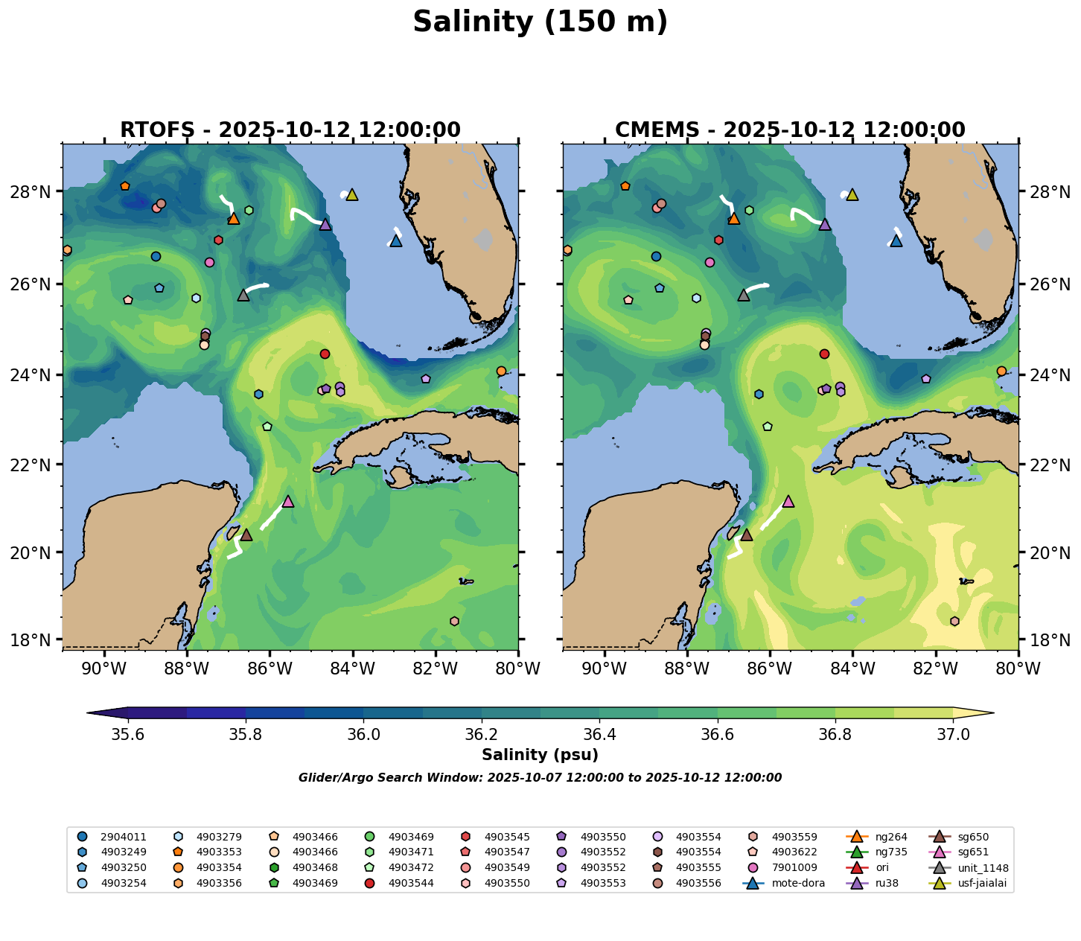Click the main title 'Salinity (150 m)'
pos(540,22)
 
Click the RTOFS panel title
pos(290,130)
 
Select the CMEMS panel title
pos(790,130)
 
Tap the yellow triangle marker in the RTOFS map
pos(352,194)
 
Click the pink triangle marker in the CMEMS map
pos(788,501)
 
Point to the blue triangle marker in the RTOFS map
pos(396,240)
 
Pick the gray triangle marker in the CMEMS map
pos(744,295)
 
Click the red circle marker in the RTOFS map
pos(325,354)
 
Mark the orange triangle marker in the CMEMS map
pos(734,218)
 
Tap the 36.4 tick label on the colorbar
pos(599,735)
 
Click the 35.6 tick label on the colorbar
pos(128,735)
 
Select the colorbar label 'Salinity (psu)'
pos(540,755)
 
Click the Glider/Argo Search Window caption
pos(540,778)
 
